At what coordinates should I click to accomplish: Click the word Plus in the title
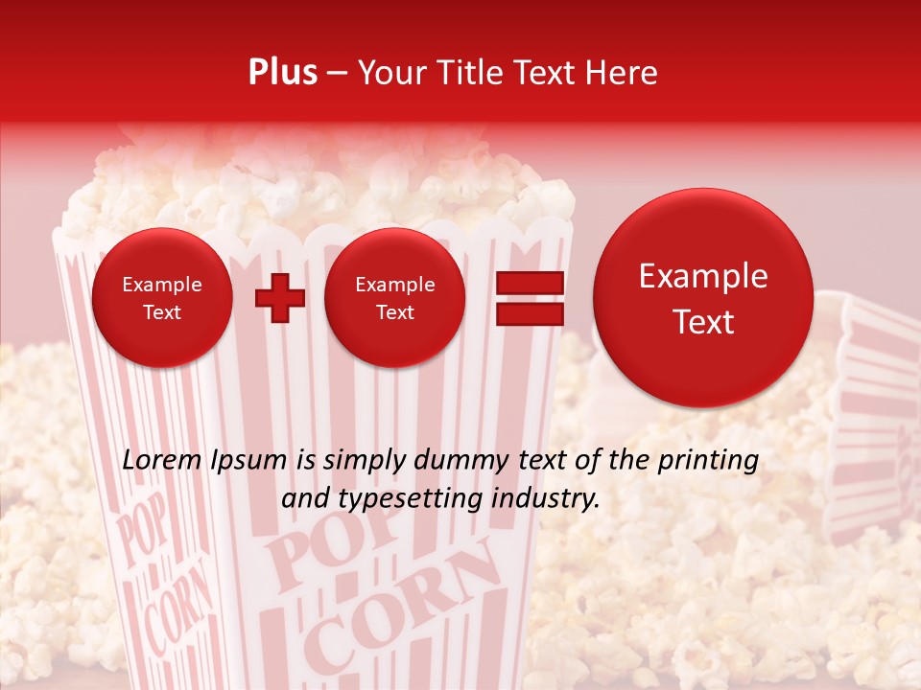coord(282,73)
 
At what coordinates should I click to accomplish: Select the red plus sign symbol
coord(279,298)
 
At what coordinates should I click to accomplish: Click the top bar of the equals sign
coord(529,283)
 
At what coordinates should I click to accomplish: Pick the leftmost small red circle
coord(162,298)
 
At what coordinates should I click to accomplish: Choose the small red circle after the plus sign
coord(394,298)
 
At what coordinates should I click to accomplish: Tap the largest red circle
coord(703,298)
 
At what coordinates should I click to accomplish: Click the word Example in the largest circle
coord(703,276)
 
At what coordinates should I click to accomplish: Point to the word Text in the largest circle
coord(703,322)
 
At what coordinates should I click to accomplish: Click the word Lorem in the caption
coord(164,461)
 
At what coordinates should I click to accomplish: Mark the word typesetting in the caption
coord(408,499)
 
